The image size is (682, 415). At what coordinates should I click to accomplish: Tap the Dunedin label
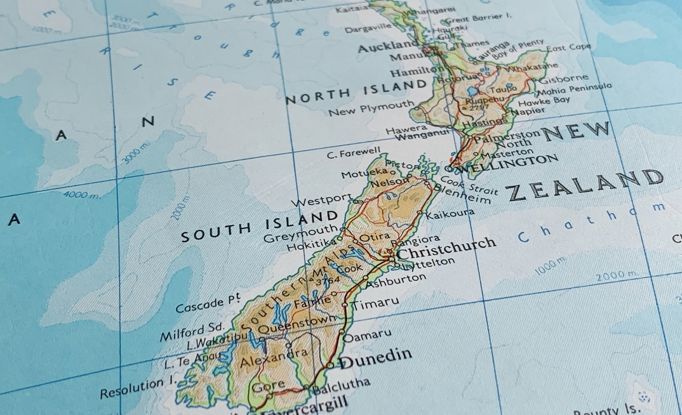(x=376, y=359)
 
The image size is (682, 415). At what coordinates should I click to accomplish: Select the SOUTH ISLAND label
(x=260, y=227)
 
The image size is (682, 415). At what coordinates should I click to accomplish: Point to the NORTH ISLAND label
(x=356, y=92)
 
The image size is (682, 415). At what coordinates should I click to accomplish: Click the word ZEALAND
(x=585, y=185)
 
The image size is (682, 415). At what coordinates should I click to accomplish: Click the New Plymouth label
(x=371, y=109)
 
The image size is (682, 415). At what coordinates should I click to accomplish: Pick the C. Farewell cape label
(x=354, y=153)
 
